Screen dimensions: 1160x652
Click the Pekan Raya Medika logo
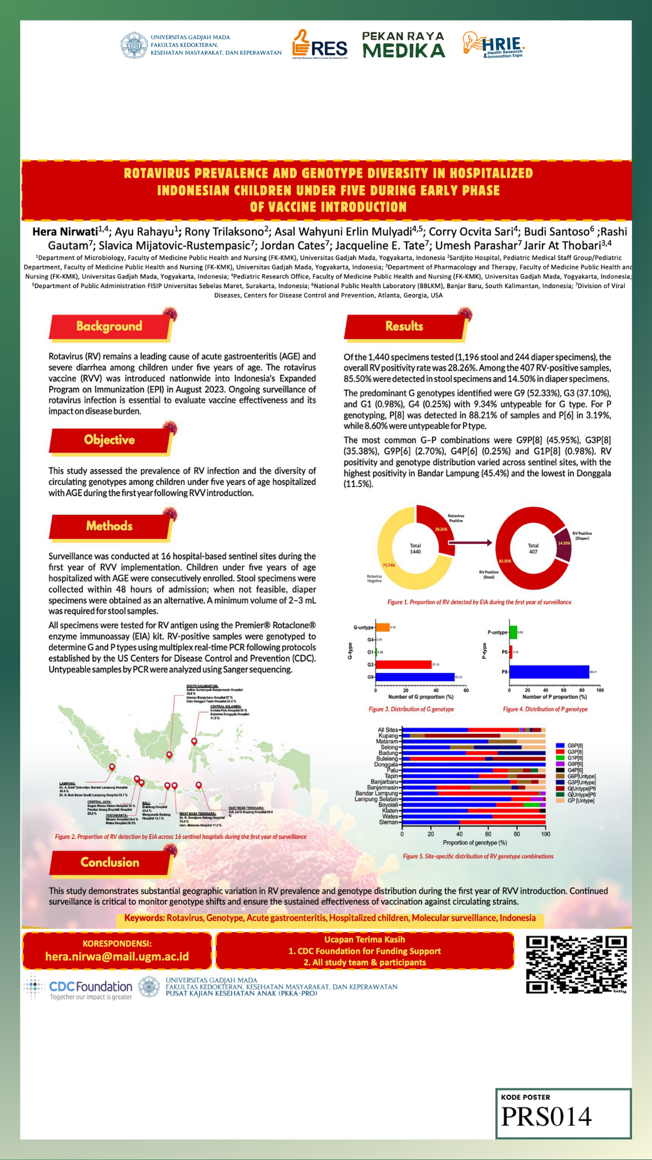[x=404, y=45]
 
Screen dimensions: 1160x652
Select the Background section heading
[x=109, y=326]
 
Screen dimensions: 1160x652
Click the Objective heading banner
[x=109, y=440]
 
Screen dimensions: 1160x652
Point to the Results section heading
[x=404, y=326]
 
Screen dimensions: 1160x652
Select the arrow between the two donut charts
[x=470, y=542]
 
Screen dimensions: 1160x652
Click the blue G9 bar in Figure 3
[x=415, y=677]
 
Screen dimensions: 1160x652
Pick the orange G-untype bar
[x=382, y=627]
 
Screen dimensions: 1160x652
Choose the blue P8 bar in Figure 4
[x=549, y=672]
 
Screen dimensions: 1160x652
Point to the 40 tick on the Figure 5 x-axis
[x=459, y=834]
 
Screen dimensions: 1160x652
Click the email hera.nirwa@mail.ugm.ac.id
[x=117, y=957]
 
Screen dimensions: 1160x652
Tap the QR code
[x=576, y=964]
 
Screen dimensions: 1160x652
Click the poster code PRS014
[x=546, y=1117]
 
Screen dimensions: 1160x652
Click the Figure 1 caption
[x=479, y=602]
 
